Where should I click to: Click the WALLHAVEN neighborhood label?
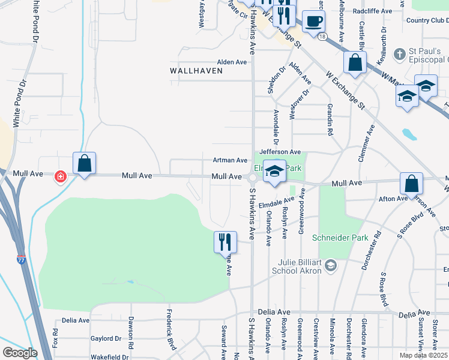196,71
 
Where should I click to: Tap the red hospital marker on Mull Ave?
61,177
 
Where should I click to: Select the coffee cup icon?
313,22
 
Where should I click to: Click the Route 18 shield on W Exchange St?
323,37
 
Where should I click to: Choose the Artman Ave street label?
230,161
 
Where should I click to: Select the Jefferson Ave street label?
280,153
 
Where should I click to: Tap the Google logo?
20,352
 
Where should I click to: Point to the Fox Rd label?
55,338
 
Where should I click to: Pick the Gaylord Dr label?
106,339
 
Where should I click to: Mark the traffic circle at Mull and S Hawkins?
253,178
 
